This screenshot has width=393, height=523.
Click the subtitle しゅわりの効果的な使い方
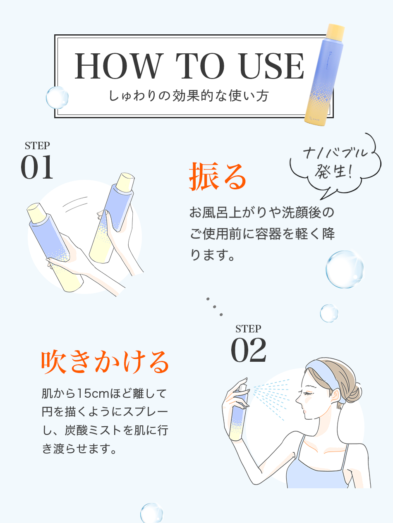[x=189, y=96]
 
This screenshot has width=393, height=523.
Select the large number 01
[x=37, y=167]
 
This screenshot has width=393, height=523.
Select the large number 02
[x=248, y=351]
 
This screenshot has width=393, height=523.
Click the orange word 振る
[x=218, y=177]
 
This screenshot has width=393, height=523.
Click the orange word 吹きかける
[x=105, y=361]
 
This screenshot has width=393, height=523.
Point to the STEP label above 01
[x=37, y=146]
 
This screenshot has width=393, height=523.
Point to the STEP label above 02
[x=248, y=329]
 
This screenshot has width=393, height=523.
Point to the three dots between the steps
[x=215, y=306]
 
